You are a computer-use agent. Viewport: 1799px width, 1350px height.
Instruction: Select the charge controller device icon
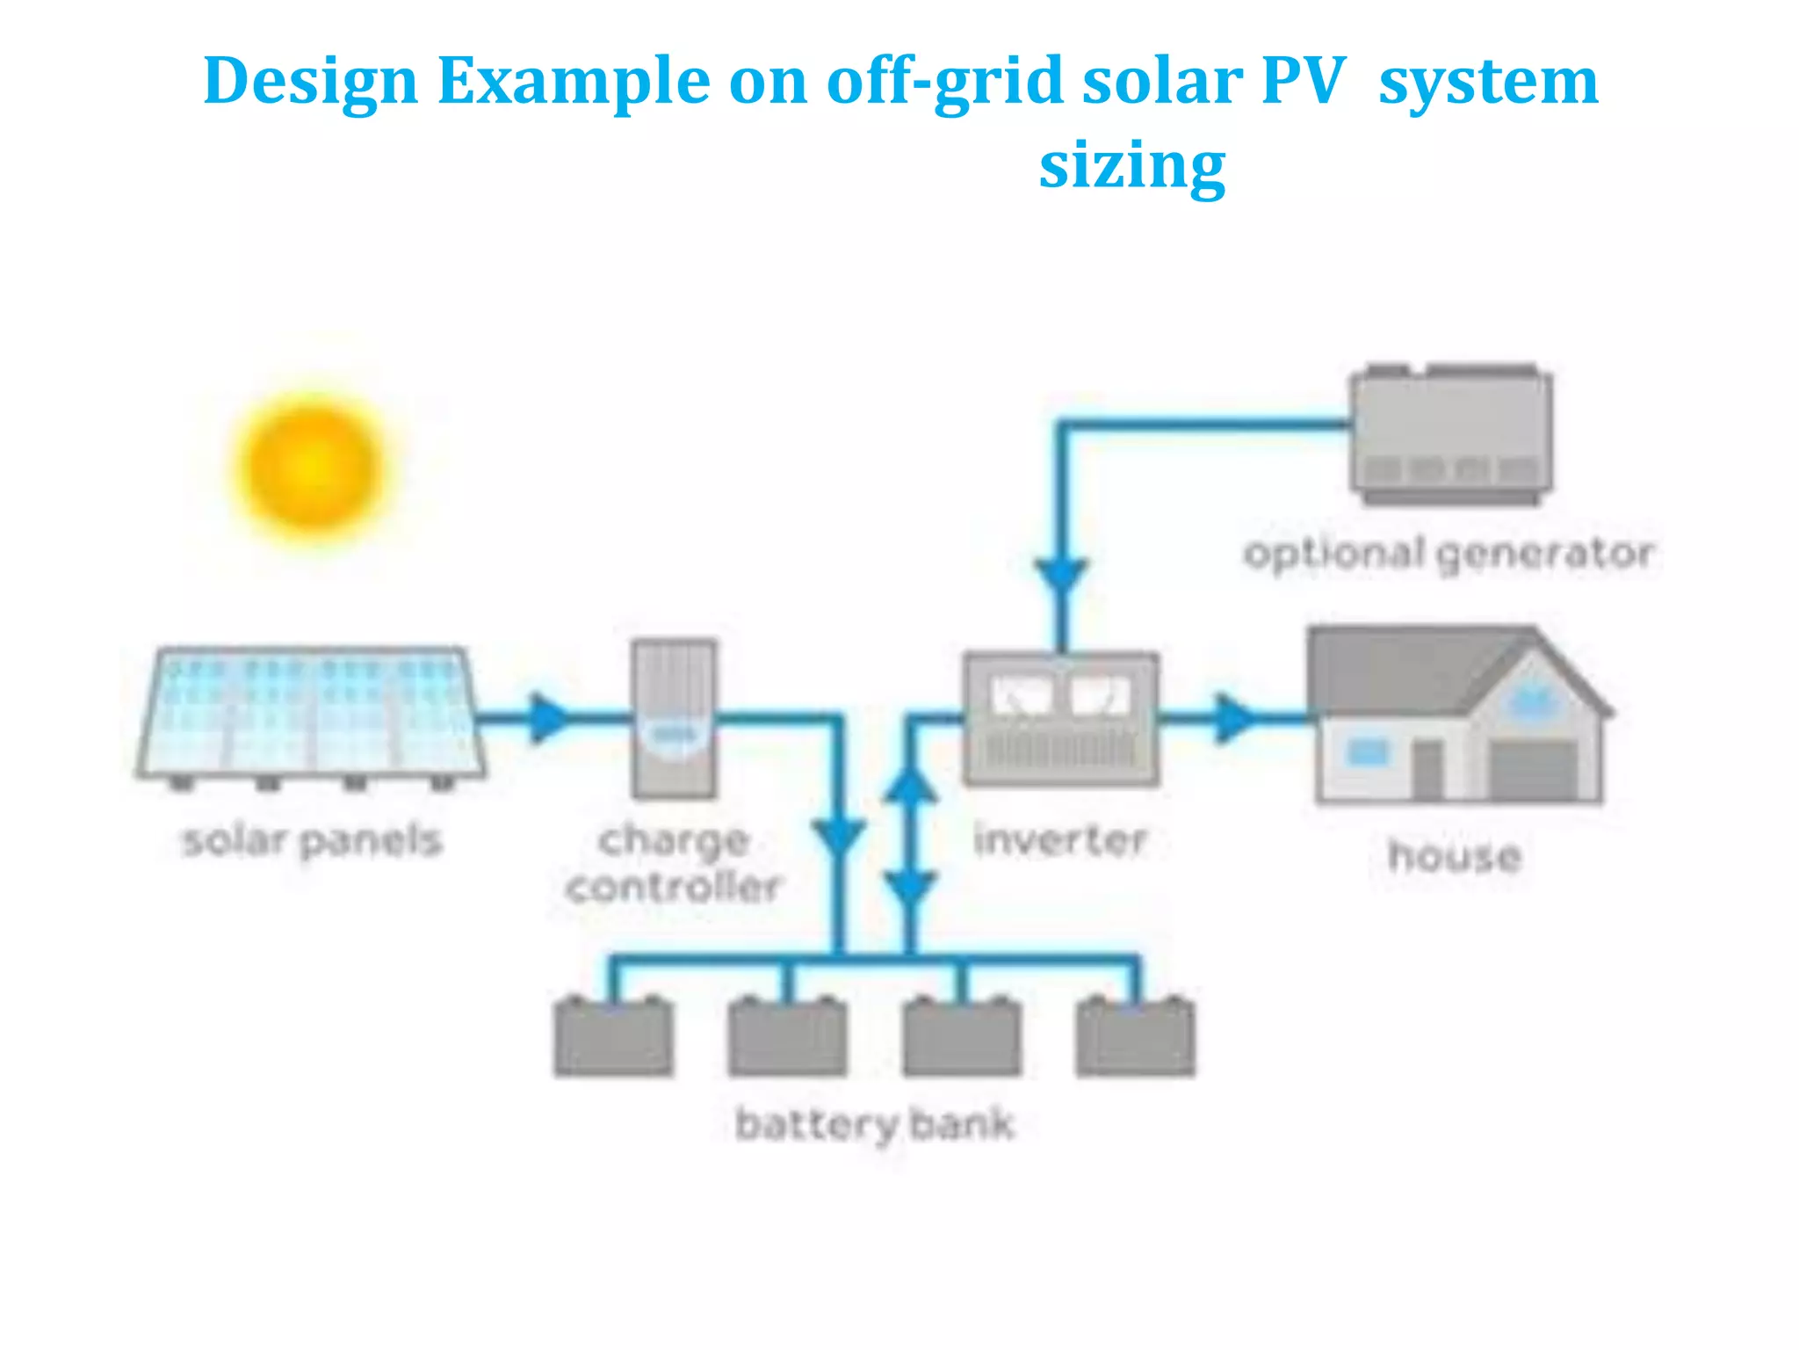(674, 719)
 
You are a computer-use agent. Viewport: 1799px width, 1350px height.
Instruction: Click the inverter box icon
(1060, 719)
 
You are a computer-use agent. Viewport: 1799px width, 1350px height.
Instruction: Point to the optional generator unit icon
(1451, 435)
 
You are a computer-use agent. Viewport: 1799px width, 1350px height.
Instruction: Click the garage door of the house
(1534, 771)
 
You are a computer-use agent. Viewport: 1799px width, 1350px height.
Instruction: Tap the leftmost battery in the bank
(613, 1037)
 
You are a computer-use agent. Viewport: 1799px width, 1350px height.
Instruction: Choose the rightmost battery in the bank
(1136, 1037)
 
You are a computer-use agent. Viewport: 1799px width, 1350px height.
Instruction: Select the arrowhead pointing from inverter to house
(1232, 718)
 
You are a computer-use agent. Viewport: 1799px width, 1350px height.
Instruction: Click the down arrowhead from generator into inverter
(1062, 577)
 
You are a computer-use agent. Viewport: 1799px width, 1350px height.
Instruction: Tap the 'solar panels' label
(312, 841)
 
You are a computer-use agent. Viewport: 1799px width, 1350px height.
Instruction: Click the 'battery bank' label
(875, 1124)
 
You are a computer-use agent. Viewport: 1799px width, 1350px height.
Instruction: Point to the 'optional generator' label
(1449, 554)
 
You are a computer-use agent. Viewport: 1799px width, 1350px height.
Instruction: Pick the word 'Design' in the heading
(310, 81)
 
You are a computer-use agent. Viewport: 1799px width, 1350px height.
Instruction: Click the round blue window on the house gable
(1532, 701)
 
